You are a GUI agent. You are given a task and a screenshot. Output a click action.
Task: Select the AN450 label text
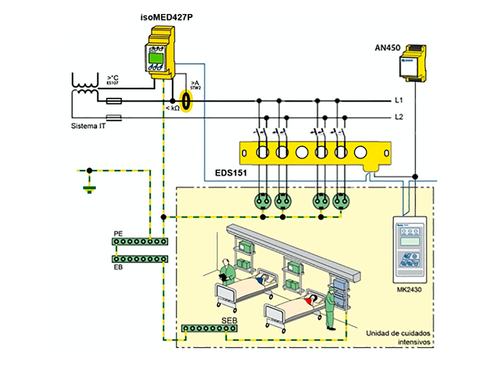387,48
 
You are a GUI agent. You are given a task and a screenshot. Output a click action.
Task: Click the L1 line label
399,100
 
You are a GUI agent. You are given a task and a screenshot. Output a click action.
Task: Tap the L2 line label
399,117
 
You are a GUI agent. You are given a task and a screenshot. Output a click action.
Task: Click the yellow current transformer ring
186,101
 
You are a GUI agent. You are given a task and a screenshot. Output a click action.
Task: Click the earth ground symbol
89,188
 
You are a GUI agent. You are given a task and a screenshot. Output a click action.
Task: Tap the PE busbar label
118,234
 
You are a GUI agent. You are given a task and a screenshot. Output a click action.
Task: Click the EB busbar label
118,267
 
